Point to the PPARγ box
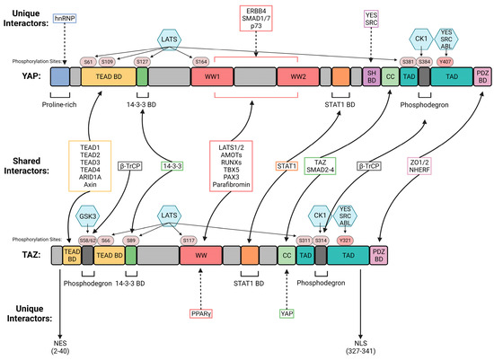(x=200, y=313)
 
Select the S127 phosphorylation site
(x=141, y=61)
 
